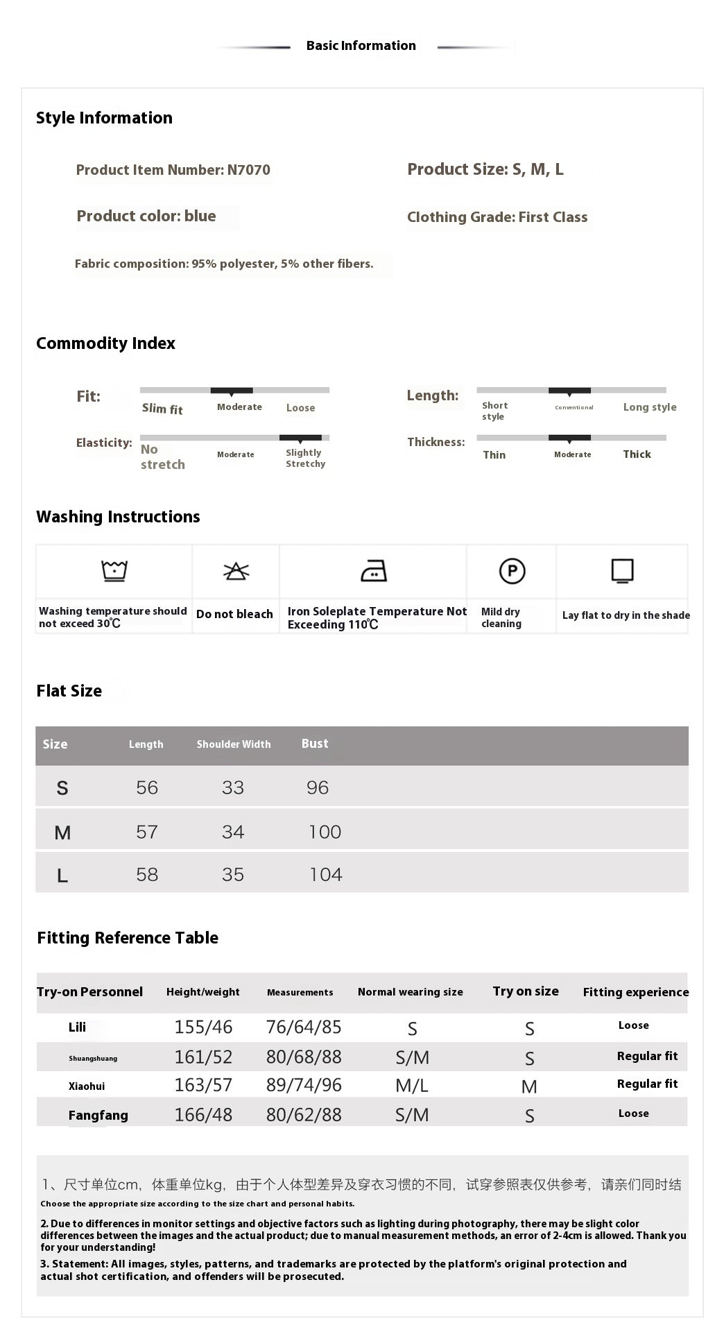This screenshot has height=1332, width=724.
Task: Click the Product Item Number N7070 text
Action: [173, 170]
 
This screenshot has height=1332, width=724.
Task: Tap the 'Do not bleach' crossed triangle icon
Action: [236, 571]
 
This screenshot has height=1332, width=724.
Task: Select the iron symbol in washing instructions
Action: [374, 571]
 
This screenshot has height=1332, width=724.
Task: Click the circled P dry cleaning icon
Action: [512, 571]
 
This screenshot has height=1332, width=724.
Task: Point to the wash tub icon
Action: [114, 570]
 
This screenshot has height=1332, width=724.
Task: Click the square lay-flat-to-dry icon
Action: [622, 570]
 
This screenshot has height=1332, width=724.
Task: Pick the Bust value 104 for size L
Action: [325, 874]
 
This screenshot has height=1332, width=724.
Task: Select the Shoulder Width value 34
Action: [233, 832]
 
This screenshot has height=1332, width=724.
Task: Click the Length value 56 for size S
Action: [147, 787]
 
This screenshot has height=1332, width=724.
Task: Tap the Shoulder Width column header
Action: [234, 744]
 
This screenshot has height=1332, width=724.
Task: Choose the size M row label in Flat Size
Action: [62, 832]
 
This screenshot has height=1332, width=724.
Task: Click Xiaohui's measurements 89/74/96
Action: [304, 1085]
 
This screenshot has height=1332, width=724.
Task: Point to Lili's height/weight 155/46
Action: [203, 1027]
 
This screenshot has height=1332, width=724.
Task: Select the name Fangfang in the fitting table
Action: [98, 1116]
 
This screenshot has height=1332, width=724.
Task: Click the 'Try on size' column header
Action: [526, 991]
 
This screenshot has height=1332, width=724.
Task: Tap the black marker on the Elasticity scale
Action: [300, 438]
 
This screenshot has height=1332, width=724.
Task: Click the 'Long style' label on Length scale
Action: [649, 407]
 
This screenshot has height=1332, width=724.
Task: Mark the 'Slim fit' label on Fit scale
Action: [162, 409]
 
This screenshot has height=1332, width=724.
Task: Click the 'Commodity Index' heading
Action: [105, 343]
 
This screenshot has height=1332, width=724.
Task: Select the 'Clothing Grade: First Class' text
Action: [497, 217]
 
